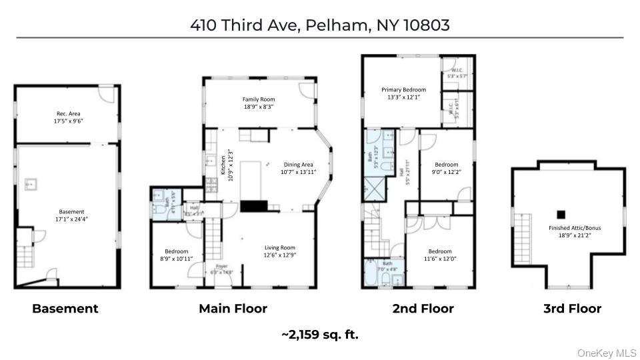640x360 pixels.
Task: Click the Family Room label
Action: [x=259, y=103]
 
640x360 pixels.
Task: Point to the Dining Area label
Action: [x=298, y=169]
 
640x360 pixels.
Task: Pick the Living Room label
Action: [x=280, y=251]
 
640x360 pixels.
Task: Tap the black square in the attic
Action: [x=561, y=214]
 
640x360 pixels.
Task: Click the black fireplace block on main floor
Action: [x=254, y=206]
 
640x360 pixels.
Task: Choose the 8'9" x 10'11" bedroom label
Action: [x=175, y=255]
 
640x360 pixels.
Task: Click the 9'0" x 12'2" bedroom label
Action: [x=447, y=169]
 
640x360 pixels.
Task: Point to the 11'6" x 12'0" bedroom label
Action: [x=440, y=255]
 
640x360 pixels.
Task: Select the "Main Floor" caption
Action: [x=233, y=309]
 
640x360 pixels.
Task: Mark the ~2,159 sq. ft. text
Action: [x=320, y=335]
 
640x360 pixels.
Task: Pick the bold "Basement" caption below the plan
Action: [x=65, y=309]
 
